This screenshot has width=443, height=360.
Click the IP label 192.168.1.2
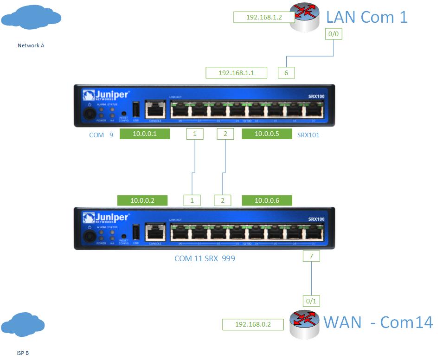[264, 18]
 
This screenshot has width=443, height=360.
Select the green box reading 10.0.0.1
[145, 134]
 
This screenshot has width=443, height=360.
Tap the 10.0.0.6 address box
[267, 200]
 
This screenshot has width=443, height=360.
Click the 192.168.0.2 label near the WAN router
[253, 325]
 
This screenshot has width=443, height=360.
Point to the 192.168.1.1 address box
[236, 72]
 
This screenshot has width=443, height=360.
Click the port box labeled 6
[286, 72]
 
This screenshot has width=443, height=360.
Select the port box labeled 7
[311, 256]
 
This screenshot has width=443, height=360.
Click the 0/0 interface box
[334, 34]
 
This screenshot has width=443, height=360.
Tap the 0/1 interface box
[311, 302]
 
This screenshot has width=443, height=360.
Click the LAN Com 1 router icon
[305, 18]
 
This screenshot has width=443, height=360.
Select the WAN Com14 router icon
[305, 323]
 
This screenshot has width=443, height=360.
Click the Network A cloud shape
[31, 18]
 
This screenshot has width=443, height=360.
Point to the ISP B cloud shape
[23, 324]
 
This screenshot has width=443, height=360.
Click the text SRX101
[308, 135]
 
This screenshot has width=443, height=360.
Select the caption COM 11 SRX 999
[205, 258]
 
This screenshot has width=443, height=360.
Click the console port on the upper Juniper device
[155, 110]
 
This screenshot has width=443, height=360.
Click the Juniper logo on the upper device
[106, 95]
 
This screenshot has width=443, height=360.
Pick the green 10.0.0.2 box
[142, 200]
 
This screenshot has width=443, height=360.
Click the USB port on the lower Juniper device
[136, 233]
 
